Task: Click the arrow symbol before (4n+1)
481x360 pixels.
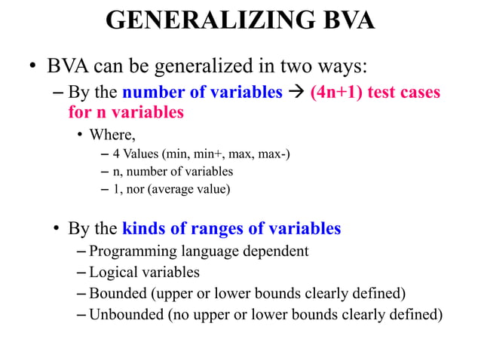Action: click(295, 94)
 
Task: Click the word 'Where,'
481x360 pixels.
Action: click(113, 136)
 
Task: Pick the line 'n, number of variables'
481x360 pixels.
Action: click(173, 172)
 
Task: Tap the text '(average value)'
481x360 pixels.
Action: click(188, 189)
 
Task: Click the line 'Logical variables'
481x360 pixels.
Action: click(144, 272)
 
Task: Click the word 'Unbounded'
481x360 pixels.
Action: click(125, 314)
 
